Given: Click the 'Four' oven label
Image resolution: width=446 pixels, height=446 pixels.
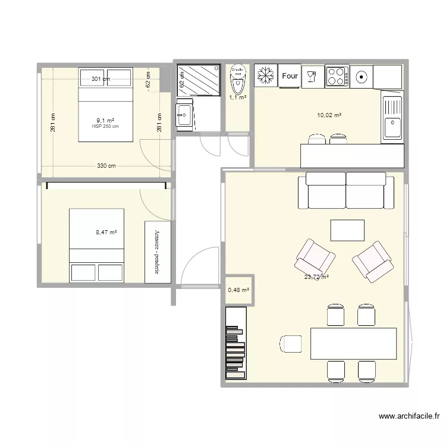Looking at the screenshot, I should point(290,76).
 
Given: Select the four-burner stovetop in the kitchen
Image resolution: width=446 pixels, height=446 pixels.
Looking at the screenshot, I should point(337,76).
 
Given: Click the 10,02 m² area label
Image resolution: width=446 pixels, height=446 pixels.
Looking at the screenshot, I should point(329,115).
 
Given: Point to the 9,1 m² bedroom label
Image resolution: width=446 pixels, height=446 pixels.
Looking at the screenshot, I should point(105,121).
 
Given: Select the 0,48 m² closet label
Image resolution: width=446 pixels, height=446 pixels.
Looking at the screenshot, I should point(238,290).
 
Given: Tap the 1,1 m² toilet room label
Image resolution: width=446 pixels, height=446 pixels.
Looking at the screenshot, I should point(238,98).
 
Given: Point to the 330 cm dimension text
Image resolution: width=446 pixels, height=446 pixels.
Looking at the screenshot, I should point(106,166).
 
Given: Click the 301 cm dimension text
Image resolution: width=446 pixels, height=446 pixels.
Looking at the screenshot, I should point(100,78).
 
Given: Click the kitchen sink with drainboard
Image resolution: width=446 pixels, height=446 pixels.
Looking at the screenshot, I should point(392,119).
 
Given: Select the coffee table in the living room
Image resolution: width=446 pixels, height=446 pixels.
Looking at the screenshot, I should point(347,230).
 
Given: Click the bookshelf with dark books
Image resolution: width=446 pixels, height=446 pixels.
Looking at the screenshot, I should point(235,343).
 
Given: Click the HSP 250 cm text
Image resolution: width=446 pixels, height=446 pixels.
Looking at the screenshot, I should point(105,126).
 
